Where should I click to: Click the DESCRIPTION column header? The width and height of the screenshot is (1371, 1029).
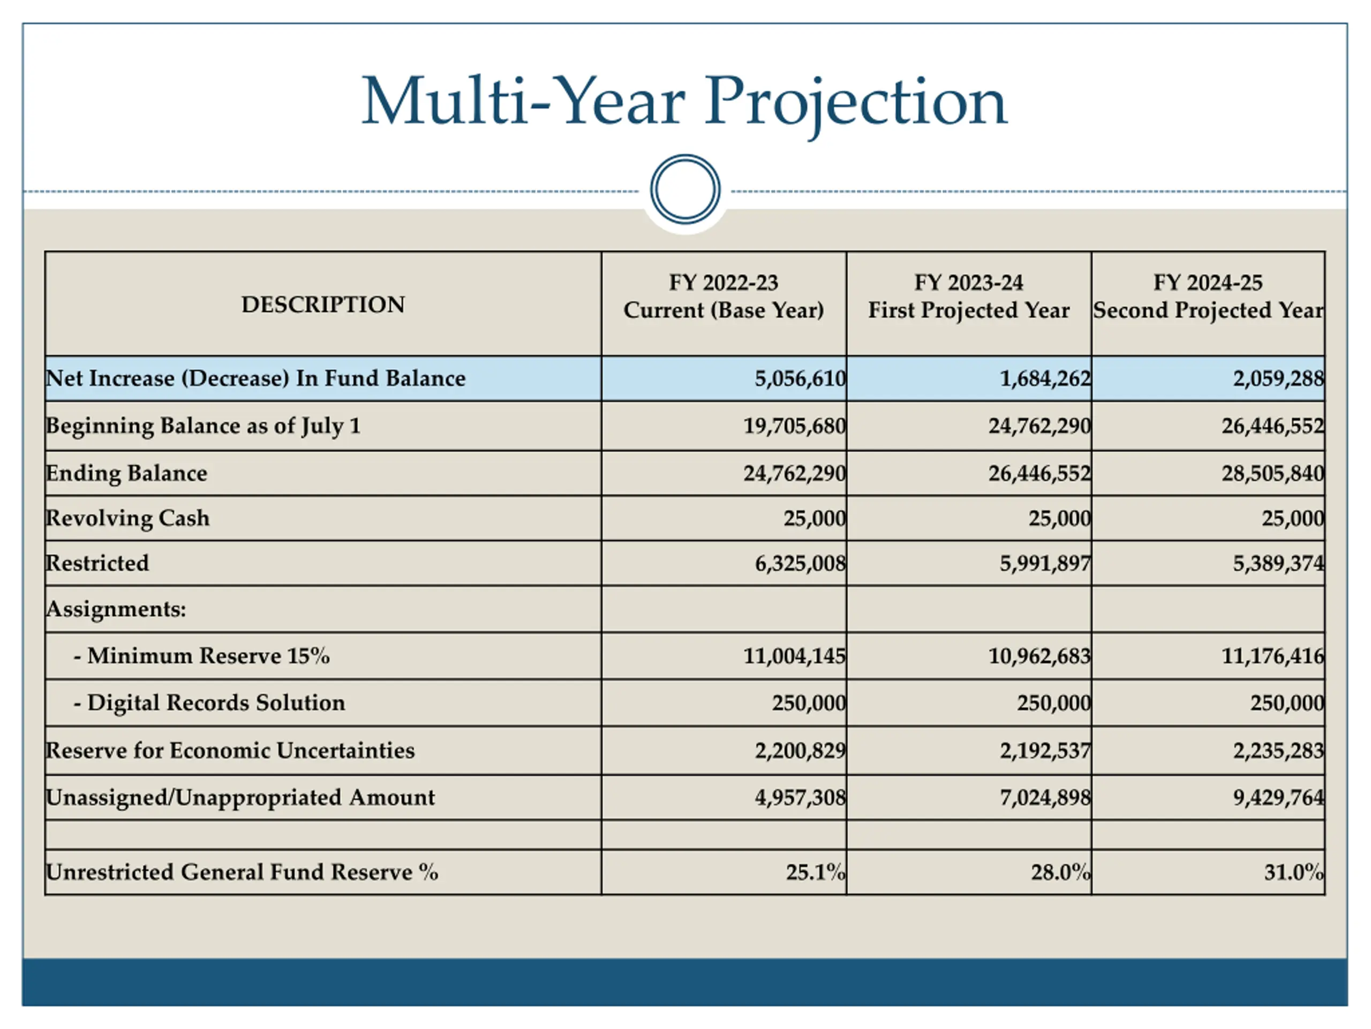point(323,304)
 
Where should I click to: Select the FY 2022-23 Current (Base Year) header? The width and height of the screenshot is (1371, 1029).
point(724,296)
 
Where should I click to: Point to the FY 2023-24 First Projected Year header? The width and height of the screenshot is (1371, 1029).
point(969,296)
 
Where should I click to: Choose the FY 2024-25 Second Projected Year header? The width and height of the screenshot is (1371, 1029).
point(1208,296)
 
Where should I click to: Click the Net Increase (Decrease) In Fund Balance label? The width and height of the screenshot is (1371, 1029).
point(255,378)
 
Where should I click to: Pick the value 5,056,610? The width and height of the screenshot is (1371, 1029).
point(800,378)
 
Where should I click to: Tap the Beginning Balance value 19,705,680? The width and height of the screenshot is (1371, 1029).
point(795,426)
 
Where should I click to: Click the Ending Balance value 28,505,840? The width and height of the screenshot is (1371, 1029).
point(1273,474)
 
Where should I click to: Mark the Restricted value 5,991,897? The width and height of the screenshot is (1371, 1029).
point(1045,564)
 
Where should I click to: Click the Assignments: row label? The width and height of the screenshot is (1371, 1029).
point(116,609)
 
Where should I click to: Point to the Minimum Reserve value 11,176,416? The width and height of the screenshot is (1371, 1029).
point(1273,656)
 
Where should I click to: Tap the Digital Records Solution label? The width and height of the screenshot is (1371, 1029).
point(209,703)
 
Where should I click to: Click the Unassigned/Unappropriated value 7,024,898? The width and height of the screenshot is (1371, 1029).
point(1045,797)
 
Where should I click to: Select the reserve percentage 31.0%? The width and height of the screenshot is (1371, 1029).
point(1294,873)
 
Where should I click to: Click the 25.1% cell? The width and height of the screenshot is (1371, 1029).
point(816,873)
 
